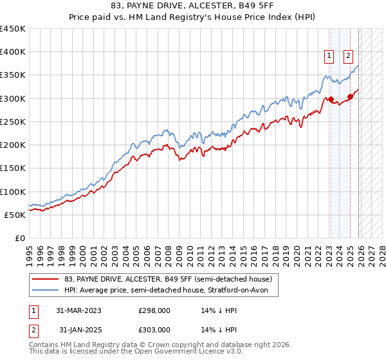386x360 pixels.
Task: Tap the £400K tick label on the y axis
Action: [x=13, y=52]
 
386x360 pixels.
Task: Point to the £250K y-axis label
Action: [x=13, y=122]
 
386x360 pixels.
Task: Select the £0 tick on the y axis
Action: [x=19, y=238]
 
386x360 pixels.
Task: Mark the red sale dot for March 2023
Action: [x=331, y=100]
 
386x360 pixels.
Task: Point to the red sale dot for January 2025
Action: [x=350, y=97]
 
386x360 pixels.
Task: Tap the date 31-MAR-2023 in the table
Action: [x=79, y=310]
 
